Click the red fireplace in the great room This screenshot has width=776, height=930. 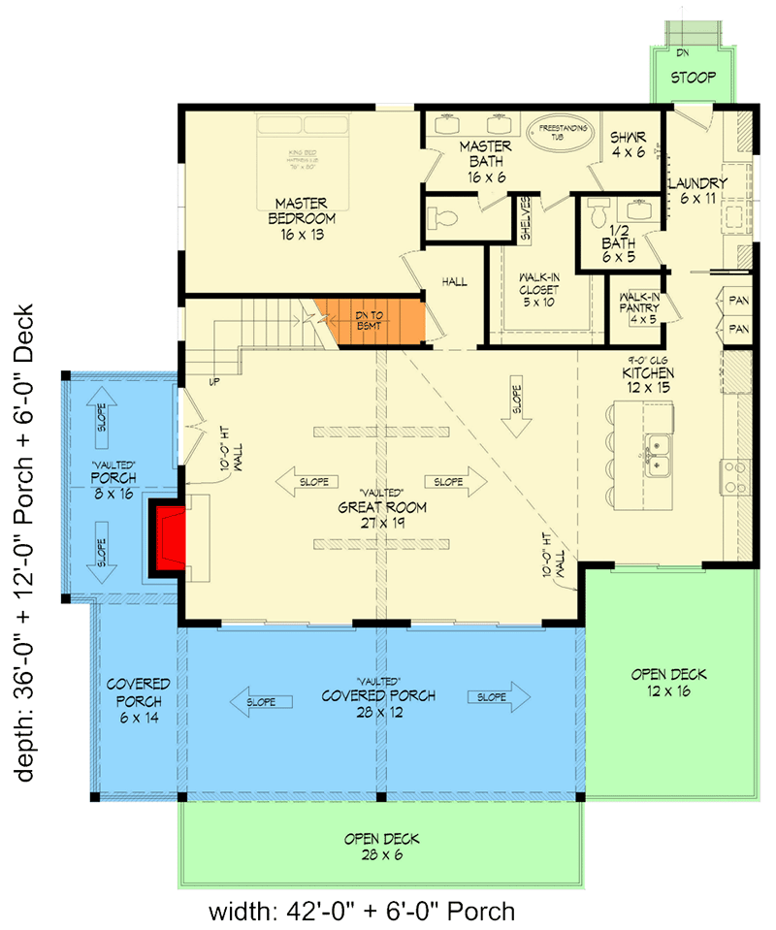click(166, 537)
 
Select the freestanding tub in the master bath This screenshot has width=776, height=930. click(558, 132)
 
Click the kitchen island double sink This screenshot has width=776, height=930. click(660, 457)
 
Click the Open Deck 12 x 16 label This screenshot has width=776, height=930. click(668, 682)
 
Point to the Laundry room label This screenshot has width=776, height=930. click(697, 190)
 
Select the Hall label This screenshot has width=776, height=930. click(454, 282)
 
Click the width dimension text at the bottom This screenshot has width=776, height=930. click(361, 911)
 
